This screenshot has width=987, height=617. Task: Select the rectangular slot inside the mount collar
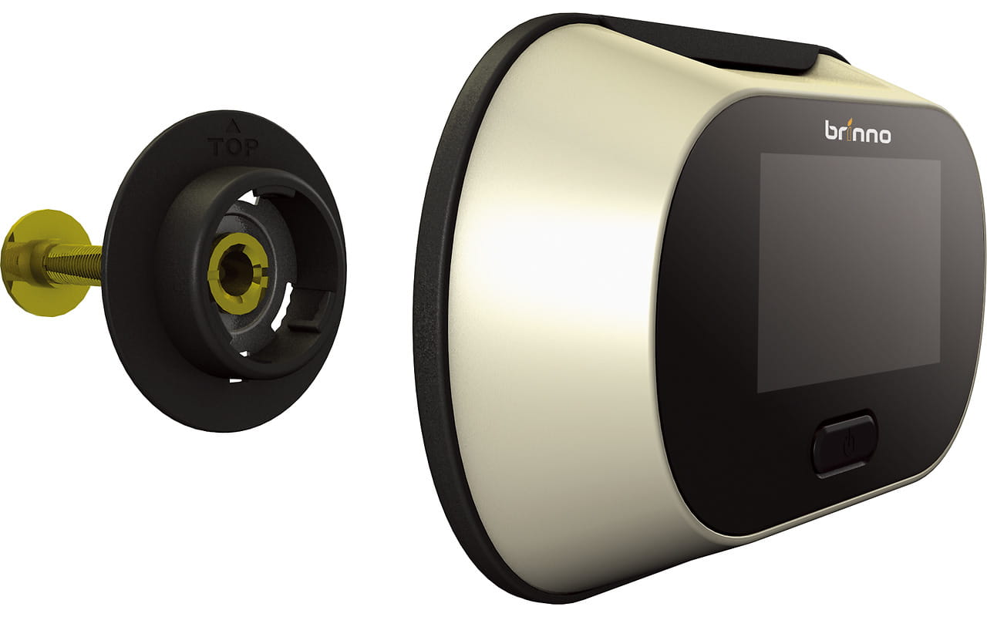point(308,325)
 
